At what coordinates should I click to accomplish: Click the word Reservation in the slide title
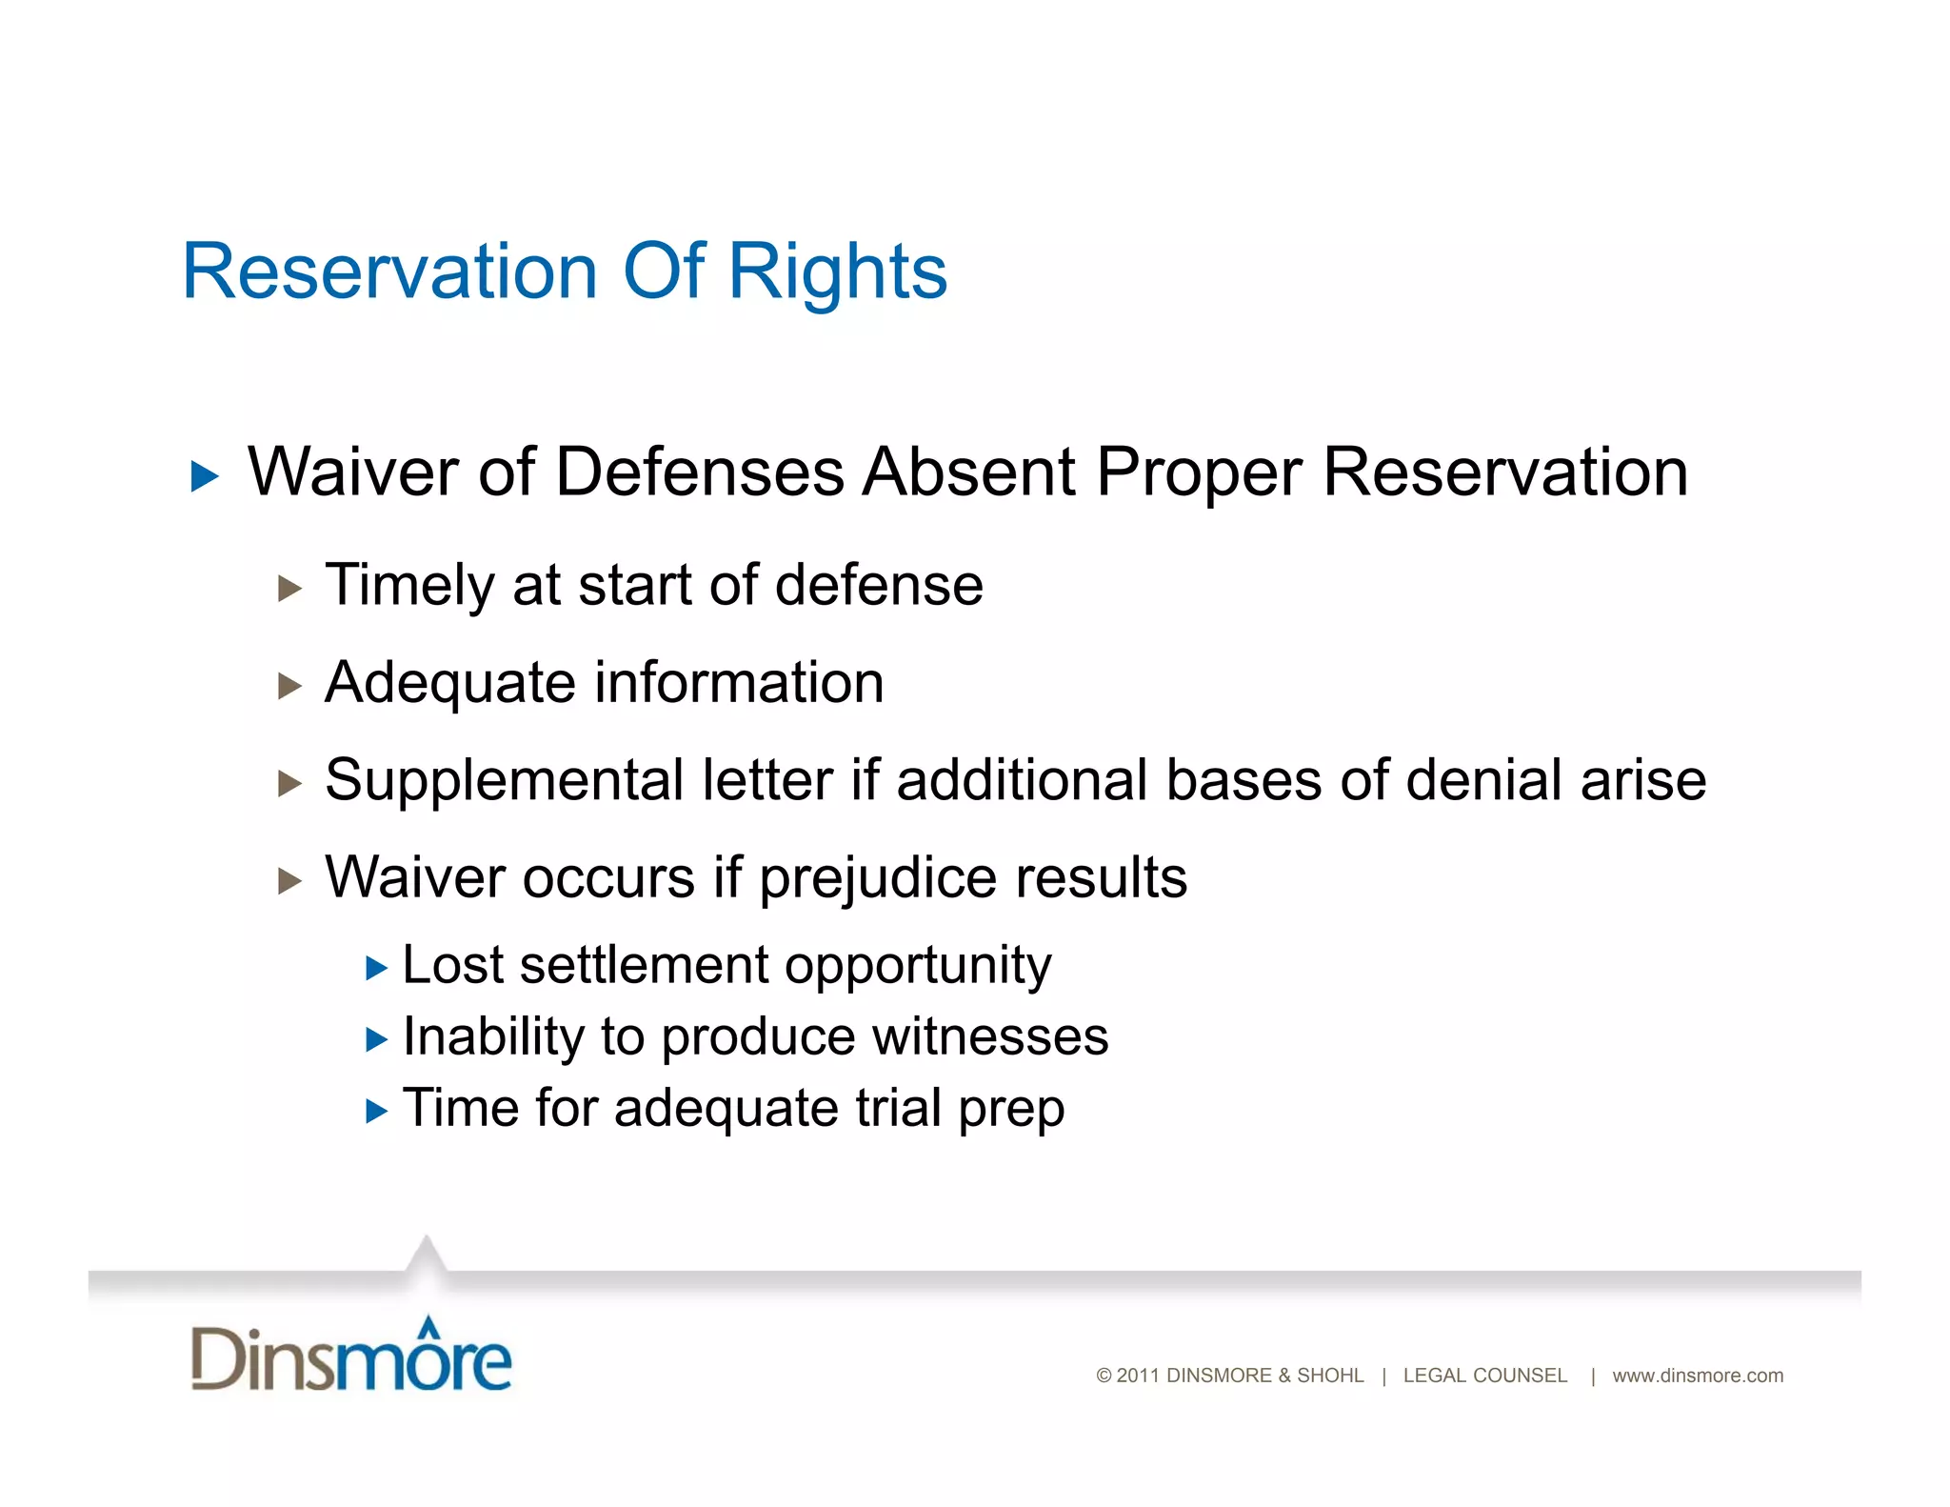click(x=389, y=271)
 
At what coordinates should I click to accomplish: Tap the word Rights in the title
click(x=837, y=273)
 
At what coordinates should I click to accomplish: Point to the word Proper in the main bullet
click(x=1198, y=473)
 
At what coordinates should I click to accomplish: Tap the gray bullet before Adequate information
click(x=289, y=686)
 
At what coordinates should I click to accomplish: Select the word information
click(x=739, y=683)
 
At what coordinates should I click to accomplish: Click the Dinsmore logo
click(x=351, y=1356)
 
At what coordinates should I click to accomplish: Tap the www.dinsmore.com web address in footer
click(x=1698, y=1376)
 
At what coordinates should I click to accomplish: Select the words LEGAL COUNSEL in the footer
click(x=1484, y=1376)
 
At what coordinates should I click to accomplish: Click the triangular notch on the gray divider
click(x=426, y=1256)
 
